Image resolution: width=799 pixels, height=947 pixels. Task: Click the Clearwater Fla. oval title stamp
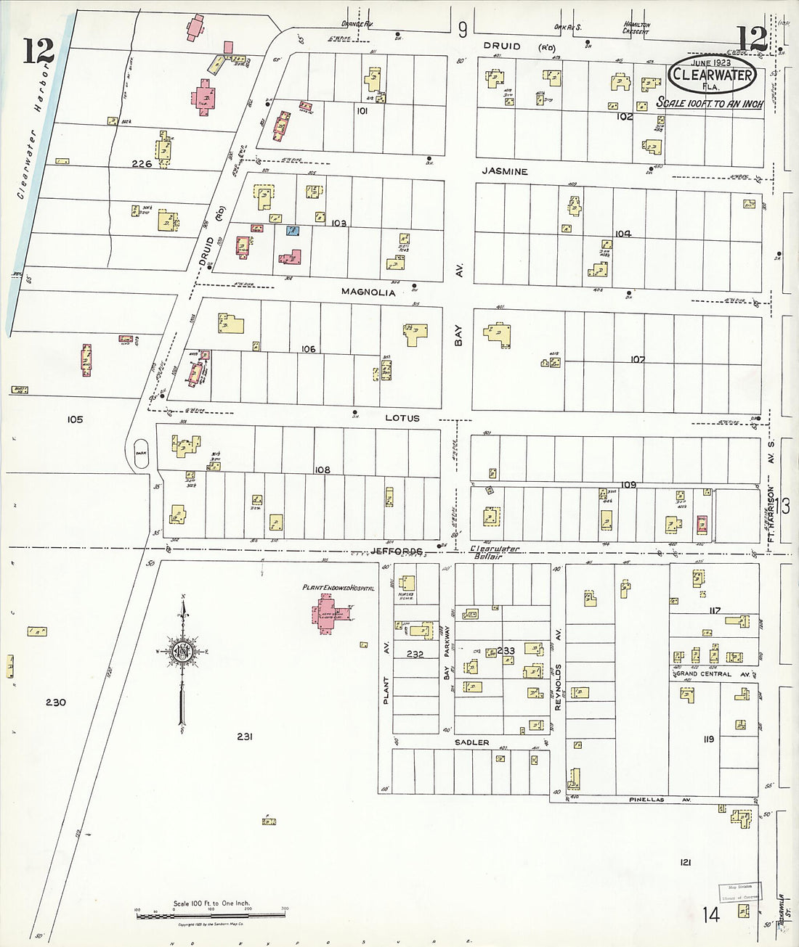(x=711, y=73)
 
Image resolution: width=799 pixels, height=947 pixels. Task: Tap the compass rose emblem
(x=181, y=651)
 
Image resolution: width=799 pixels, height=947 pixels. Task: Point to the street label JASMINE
(x=503, y=172)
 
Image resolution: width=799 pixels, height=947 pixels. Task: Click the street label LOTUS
(x=402, y=419)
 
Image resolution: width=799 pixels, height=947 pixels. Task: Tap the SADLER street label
(x=471, y=742)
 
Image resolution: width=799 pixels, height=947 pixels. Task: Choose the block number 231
(x=244, y=737)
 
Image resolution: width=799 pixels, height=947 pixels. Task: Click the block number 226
(x=142, y=164)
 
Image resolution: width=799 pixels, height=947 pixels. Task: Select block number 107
(x=638, y=359)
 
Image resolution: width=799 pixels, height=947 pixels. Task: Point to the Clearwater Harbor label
(x=33, y=131)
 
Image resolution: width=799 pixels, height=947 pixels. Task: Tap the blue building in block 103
(x=292, y=231)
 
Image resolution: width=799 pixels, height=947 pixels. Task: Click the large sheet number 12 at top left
(x=38, y=51)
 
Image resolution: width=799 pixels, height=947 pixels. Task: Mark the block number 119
(x=708, y=739)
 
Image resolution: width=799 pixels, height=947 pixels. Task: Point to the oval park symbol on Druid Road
(x=141, y=449)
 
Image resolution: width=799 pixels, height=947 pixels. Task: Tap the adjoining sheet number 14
(x=710, y=914)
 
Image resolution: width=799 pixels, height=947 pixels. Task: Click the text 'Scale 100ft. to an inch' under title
(x=710, y=103)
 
